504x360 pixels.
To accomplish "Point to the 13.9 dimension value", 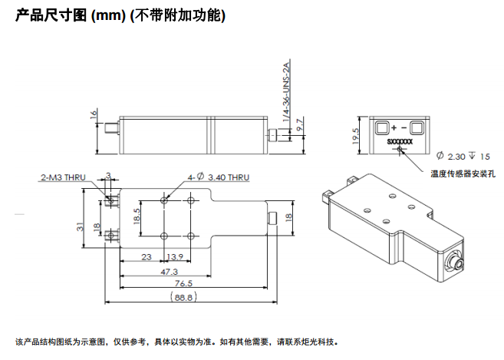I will point(175,256).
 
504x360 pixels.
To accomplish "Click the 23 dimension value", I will point(146,256).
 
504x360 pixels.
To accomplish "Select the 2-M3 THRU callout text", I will point(63,177).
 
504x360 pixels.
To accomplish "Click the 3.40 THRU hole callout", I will point(219,177).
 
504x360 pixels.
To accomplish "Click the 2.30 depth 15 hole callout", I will point(463,155).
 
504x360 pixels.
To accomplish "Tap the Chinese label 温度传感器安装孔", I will point(463,174).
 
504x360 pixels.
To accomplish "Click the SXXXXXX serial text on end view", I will point(400,142).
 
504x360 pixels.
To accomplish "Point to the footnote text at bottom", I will point(176,342).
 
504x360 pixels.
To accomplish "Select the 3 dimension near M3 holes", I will point(109,176).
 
